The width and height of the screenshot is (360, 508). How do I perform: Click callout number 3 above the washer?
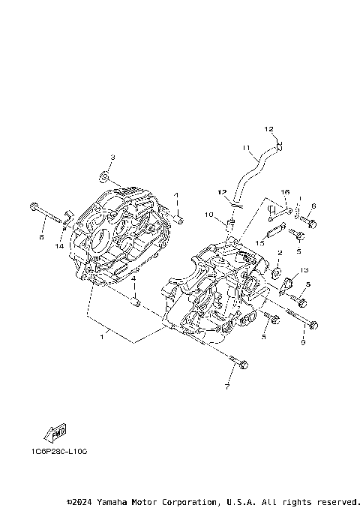click(x=112, y=157)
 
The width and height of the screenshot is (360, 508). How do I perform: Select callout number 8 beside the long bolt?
click(x=41, y=237)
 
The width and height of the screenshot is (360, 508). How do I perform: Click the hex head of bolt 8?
click(x=34, y=206)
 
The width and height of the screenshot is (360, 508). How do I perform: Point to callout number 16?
click(x=285, y=193)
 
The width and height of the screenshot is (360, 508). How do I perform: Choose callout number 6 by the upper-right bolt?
click(x=313, y=206)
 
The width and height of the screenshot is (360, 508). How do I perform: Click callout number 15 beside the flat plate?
click(x=259, y=244)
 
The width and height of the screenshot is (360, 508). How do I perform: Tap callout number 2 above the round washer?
click(x=280, y=254)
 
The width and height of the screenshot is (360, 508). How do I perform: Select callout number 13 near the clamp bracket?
click(x=304, y=269)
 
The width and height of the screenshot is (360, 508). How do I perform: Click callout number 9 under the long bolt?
click(x=303, y=343)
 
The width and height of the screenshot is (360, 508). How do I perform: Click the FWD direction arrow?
click(x=55, y=433)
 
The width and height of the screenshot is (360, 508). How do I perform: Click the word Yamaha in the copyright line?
click(x=113, y=501)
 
